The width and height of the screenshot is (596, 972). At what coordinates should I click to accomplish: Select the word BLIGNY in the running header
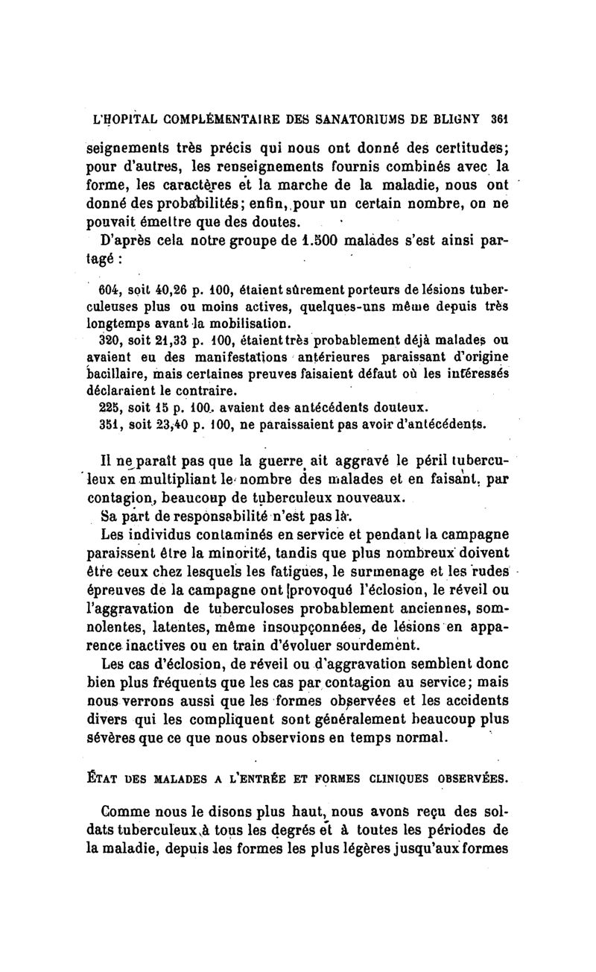click(462, 119)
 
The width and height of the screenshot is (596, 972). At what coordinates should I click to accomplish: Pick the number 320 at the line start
click(110, 339)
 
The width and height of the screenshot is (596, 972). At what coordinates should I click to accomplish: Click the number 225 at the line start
click(110, 406)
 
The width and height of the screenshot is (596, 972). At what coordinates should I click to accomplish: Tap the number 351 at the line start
click(110, 423)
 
